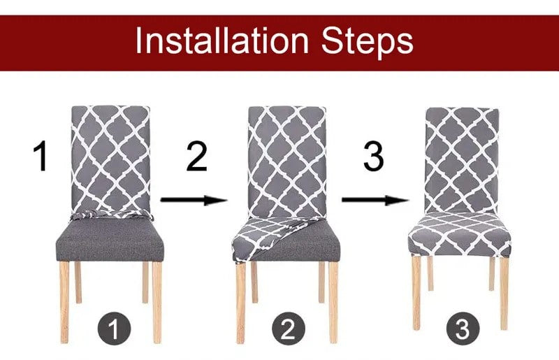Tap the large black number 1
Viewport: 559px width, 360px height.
click(x=42, y=157)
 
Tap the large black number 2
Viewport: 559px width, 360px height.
click(x=196, y=157)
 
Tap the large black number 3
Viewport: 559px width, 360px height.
click(x=374, y=157)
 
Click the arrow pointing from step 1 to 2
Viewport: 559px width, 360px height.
click(x=194, y=201)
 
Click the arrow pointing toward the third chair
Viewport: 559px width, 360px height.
click(x=375, y=201)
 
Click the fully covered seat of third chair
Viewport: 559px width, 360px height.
click(x=459, y=234)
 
